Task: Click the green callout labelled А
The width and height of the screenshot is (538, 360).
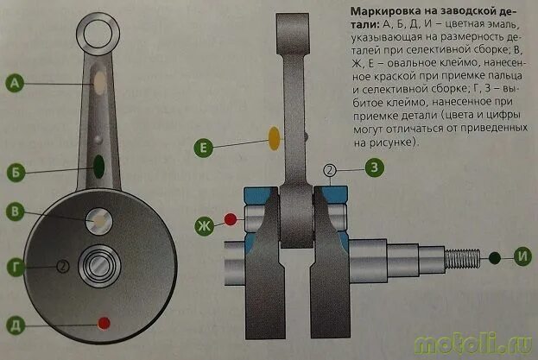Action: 15,84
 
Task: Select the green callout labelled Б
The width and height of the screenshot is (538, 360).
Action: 15,171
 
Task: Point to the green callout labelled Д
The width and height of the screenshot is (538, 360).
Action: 15,325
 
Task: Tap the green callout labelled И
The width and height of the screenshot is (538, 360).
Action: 522,257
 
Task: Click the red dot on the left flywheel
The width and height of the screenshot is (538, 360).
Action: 104,324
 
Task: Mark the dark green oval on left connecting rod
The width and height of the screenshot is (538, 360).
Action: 99,163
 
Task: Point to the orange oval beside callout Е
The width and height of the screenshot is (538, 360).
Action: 275,137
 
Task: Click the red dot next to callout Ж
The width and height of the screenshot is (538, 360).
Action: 231,218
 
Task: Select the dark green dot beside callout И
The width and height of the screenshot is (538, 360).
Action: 494,257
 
